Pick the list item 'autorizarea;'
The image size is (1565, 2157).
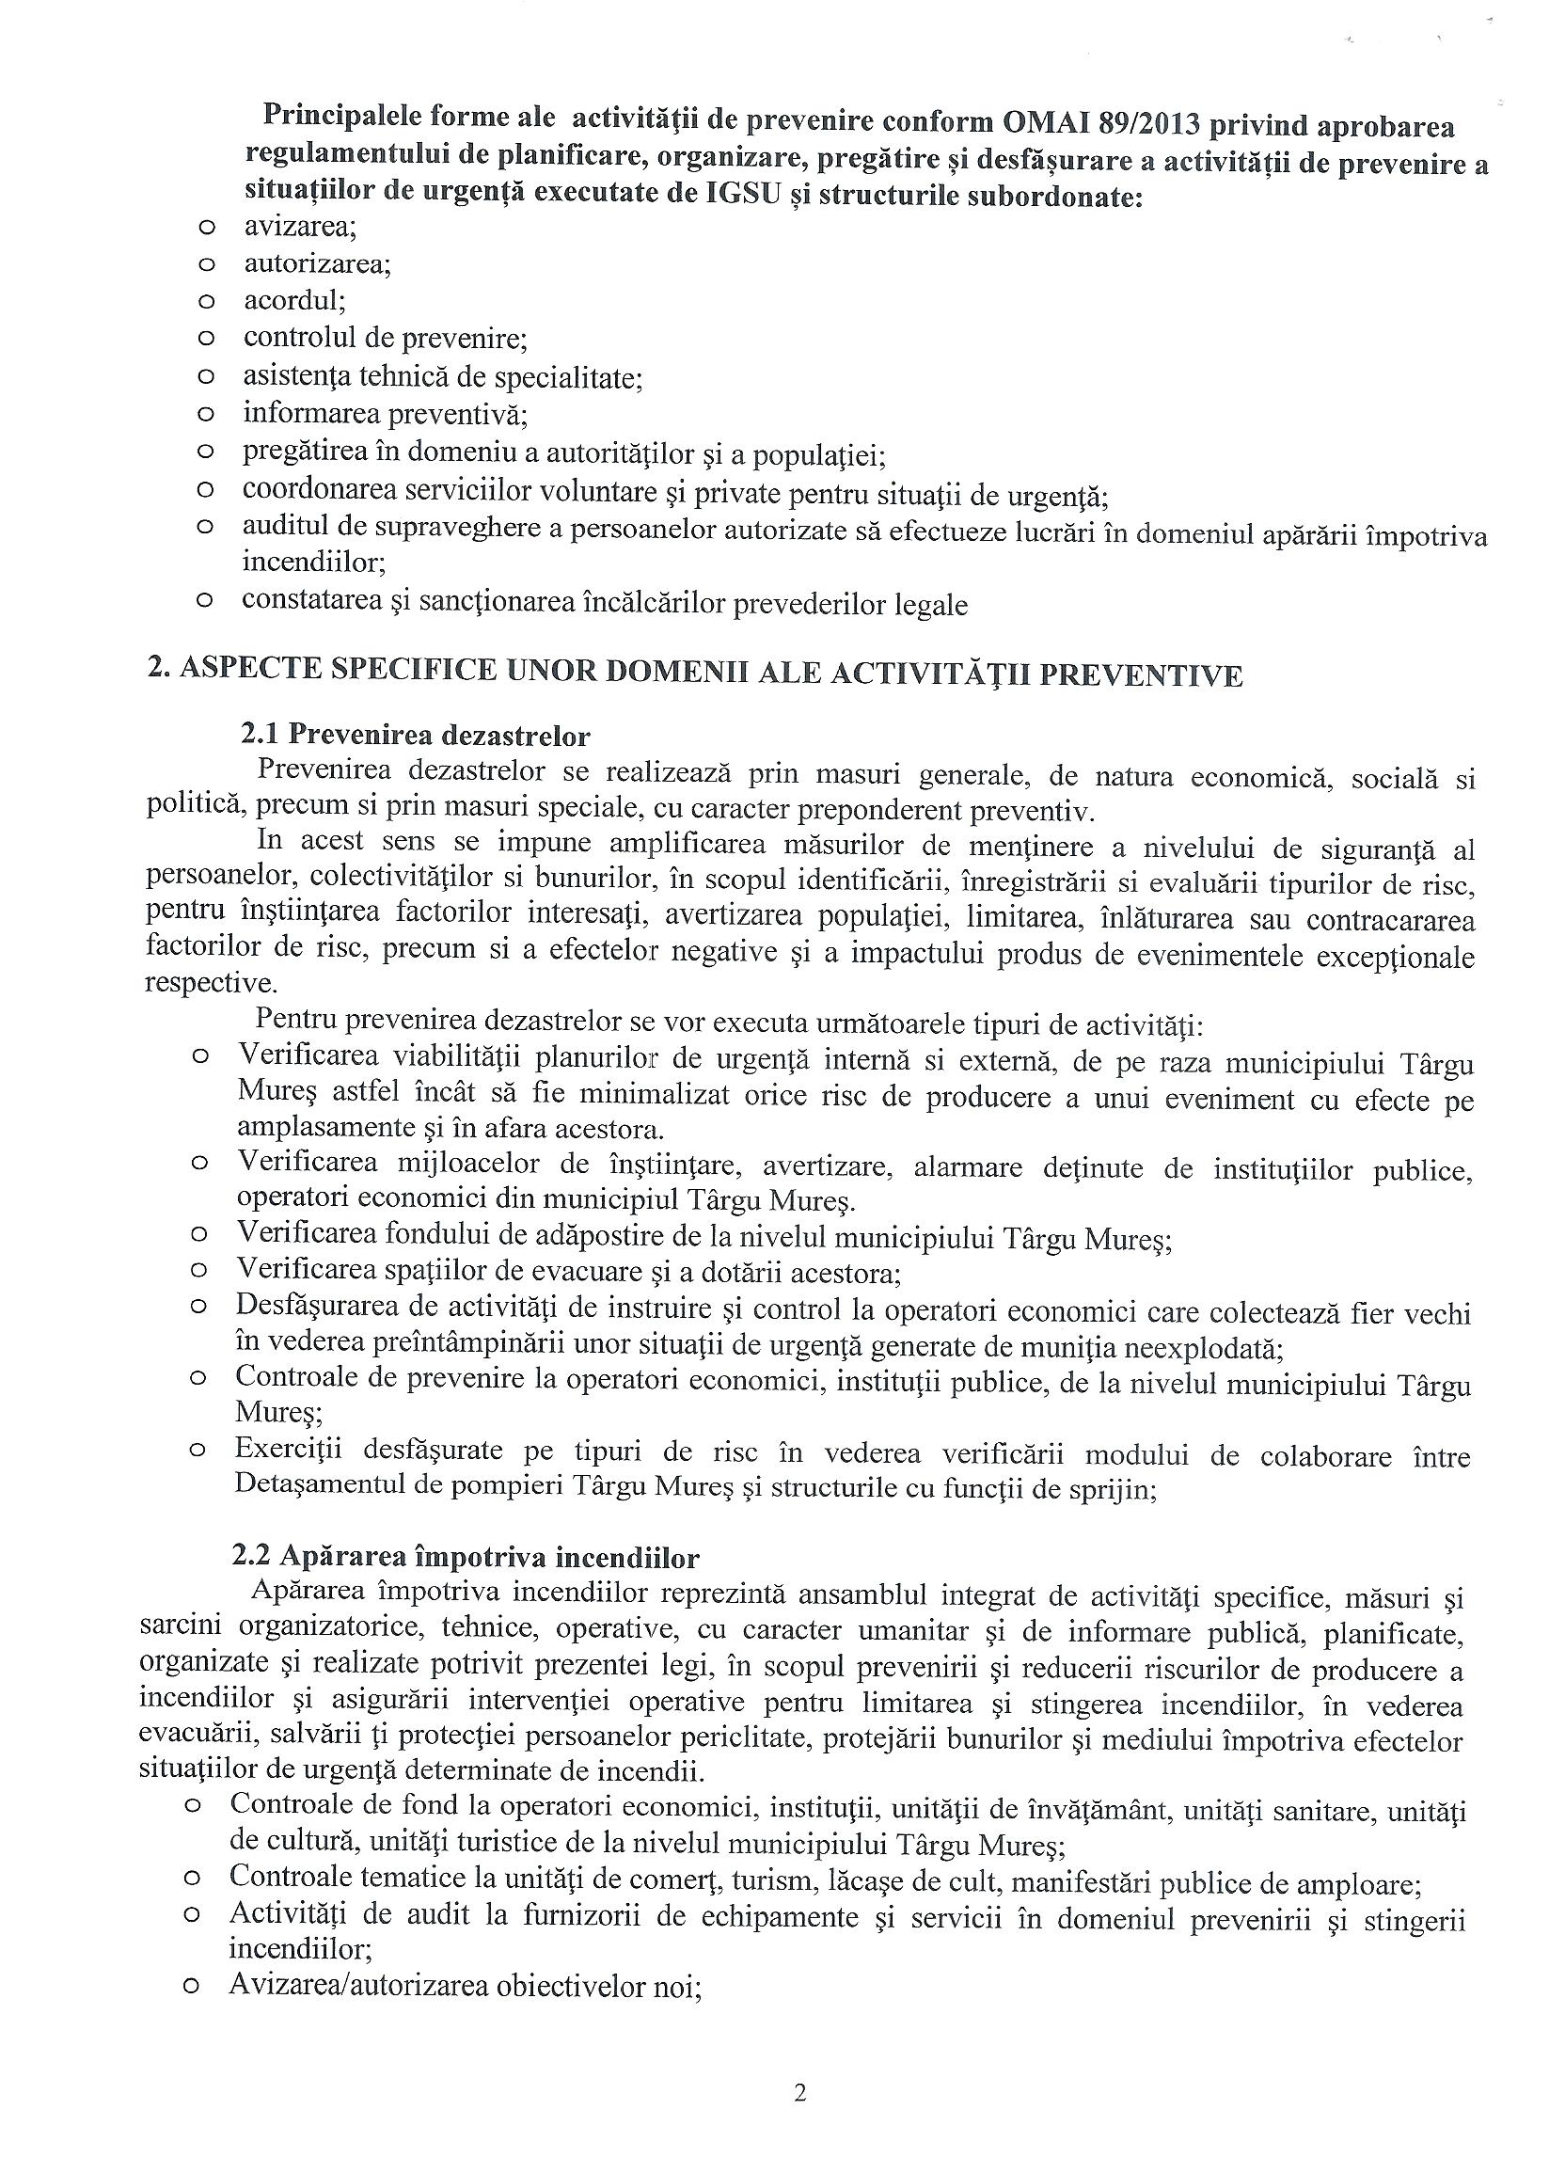point(318,264)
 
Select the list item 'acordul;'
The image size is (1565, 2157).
point(294,301)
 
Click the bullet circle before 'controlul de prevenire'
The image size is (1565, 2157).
point(204,339)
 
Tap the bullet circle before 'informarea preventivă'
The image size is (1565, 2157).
point(204,415)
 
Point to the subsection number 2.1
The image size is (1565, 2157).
point(259,736)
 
